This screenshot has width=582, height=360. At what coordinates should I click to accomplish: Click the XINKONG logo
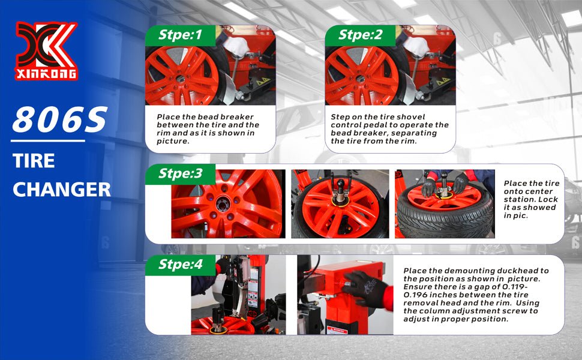46,51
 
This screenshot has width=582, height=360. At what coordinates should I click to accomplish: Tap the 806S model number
60,119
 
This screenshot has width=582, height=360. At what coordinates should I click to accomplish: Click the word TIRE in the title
34,161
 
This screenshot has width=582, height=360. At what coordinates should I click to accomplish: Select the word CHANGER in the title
62,190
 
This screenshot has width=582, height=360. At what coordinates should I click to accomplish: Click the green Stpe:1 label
180,35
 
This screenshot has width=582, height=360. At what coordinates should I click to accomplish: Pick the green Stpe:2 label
360,35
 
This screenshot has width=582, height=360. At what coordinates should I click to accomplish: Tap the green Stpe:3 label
180,173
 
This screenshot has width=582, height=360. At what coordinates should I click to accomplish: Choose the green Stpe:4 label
180,265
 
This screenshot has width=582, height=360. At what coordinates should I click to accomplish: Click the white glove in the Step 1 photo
236,46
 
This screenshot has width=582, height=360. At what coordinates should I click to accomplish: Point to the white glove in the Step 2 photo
416,46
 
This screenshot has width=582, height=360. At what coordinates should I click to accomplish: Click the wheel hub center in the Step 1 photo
181,79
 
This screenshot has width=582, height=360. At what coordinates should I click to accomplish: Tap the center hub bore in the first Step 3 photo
223,204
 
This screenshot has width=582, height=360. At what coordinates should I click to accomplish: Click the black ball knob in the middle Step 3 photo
340,184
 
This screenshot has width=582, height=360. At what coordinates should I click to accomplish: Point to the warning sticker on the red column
337,330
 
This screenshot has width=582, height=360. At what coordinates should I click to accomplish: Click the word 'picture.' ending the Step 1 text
173,142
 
